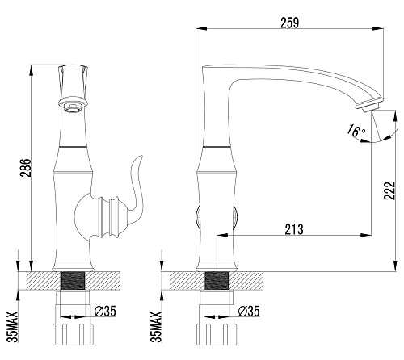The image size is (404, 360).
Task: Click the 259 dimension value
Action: (x=290, y=23)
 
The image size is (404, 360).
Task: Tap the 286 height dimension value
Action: (x=26, y=168)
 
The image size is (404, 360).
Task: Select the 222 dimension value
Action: (x=389, y=190)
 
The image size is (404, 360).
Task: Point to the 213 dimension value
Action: (x=294, y=229)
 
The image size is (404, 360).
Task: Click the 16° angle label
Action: (x=356, y=131)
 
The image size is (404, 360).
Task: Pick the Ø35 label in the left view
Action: (x=105, y=312)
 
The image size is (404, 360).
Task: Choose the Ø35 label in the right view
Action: (x=249, y=312)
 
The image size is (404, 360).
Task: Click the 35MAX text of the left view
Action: (x=12, y=327)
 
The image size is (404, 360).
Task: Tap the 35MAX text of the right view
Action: (x=156, y=327)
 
